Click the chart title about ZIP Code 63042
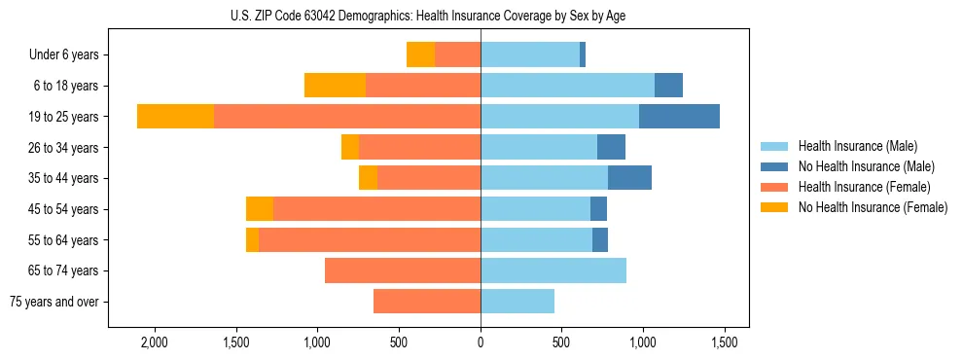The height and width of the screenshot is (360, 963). coord(481,16)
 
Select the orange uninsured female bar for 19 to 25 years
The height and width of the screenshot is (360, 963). coord(175,116)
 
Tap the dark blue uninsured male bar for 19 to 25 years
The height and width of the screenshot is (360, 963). coord(679,116)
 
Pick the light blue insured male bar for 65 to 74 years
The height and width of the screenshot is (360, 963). coord(553,270)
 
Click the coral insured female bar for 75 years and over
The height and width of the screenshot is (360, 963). coord(426,302)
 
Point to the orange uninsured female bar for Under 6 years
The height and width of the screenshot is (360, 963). coord(420,54)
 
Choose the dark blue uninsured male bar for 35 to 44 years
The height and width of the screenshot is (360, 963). coord(629,178)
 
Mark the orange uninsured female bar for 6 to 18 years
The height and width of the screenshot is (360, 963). coord(335,86)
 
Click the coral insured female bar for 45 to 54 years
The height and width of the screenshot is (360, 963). coord(376,209)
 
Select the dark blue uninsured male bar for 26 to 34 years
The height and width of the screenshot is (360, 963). coord(611,147)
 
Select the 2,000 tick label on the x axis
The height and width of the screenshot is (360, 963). coord(155,342)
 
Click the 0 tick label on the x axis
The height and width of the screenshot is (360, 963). coord(481,342)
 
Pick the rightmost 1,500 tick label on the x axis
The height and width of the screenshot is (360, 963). coord(723,342)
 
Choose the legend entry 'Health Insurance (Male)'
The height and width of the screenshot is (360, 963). coord(858,146)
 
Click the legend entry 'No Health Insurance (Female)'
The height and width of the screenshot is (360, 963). coord(873,207)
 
